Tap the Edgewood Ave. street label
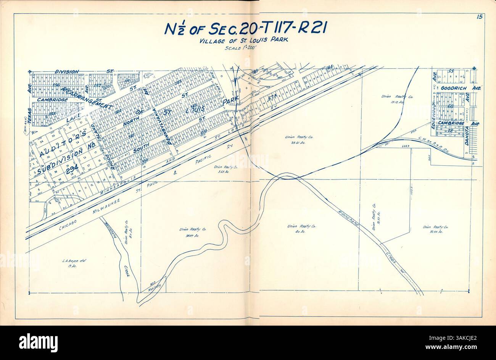point(434,117)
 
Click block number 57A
point(272,97)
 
